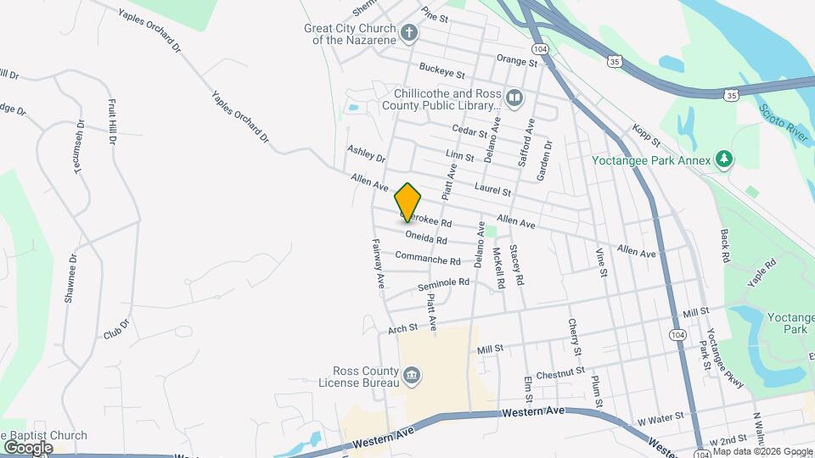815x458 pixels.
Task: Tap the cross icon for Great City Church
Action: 409,34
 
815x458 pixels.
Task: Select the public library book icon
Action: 514,99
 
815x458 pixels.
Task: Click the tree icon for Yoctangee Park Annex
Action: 723,159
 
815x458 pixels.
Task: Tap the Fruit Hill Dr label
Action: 111,122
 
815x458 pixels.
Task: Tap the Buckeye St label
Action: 442,70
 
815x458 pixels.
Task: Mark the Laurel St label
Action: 492,192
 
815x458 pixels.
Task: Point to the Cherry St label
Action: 576,338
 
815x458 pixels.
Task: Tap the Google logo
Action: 29,448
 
